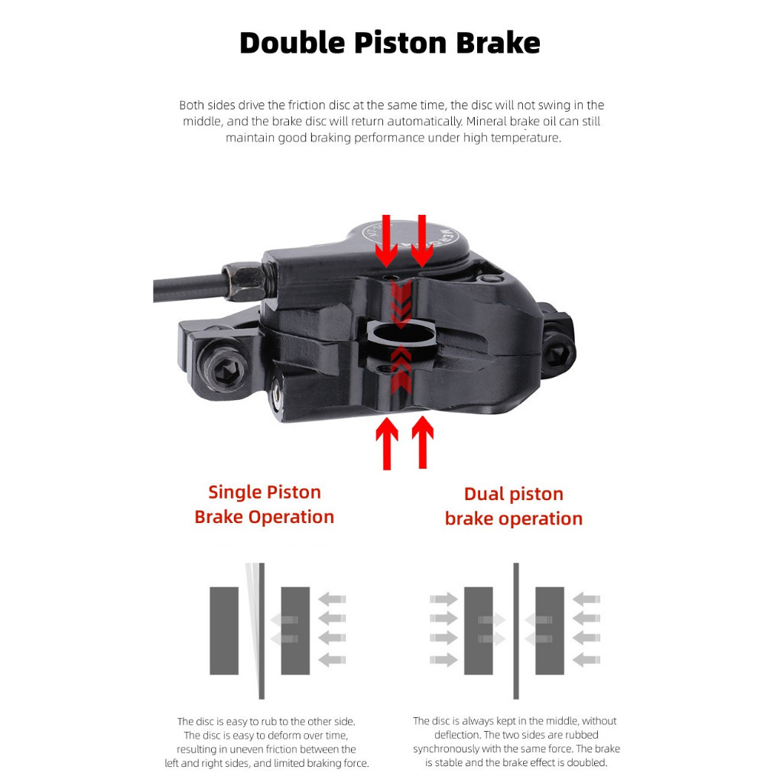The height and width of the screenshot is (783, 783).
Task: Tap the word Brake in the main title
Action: click(x=498, y=43)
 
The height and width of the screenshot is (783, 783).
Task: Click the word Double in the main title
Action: click(x=292, y=43)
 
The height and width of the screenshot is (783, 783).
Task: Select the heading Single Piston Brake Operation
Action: click(x=264, y=505)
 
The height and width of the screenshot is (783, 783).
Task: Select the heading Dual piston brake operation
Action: click(x=514, y=506)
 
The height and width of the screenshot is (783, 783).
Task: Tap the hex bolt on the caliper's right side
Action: click(x=557, y=352)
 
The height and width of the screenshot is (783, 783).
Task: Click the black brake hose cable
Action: click(x=189, y=288)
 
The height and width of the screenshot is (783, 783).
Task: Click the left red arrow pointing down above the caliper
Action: click(x=386, y=241)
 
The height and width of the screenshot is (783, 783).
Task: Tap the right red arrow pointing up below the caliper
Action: click(x=422, y=442)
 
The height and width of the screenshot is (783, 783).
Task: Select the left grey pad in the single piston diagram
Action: click(x=224, y=631)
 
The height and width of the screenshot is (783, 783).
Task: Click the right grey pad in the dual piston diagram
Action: click(x=550, y=631)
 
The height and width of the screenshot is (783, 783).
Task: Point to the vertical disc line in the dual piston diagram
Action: click(x=516, y=631)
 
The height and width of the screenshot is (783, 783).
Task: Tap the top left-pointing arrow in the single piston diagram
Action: click(x=332, y=599)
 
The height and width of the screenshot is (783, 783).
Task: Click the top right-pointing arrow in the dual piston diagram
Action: click(x=443, y=599)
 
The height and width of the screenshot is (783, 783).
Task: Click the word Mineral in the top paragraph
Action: click(x=486, y=122)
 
